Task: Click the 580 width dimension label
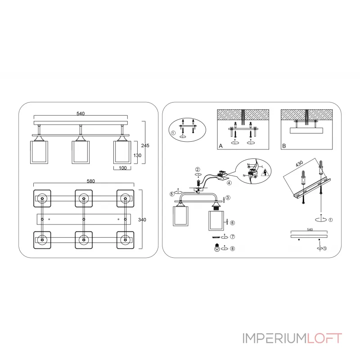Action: pyautogui.click(x=91, y=181)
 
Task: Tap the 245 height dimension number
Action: pyautogui.click(x=145, y=145)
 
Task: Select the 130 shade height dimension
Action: pyautogui.click(x=137, y=155)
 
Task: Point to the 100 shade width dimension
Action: pyautogui.click(x=122, y=168)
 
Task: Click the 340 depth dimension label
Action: pyautogui.click(x=142, y=220)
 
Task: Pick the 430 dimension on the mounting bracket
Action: pyautogui.click(x=299, y=164)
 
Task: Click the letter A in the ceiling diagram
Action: pyautogui.click(x=221, y=146)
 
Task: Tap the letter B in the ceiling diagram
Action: pyautogui.click(x=284, y=146)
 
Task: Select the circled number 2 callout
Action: pyautogui.click(x=198, y=170)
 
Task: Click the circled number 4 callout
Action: pyautogui.click(x=229, y=183)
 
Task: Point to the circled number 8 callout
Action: pyautogui.click(x=233, y=249)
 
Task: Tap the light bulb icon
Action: pyautogui.click(x=217, y=248)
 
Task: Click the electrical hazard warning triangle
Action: pyautogui.click(x=265, y=172)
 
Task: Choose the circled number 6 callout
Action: pyautogui.click(x=233, y=223)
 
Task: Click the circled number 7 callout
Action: pyautogui.click(x=233, y=237)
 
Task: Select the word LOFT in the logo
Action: pyautogui.click(x=324, y=338)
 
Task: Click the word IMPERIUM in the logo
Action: pyautogui.click(x=275, y=338)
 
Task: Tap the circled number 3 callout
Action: pyautogui.click(x=228, y=198)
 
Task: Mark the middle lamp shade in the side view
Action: pyautogui.click(x=81, y=152)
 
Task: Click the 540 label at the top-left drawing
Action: pyautogui.click(x=81, y=113)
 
